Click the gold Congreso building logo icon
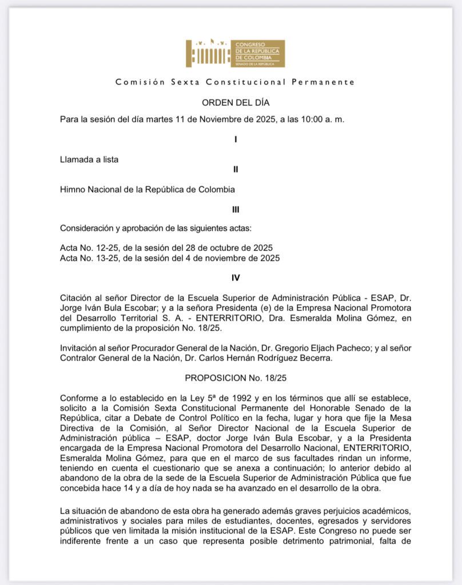(x=207, y=53)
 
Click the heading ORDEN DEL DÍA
(x=236, y=103)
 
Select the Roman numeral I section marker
(x=236, y=139)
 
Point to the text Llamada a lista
(x=89, y=159)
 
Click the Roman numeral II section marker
(x=236, y=169)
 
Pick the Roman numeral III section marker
(x=236, y=209)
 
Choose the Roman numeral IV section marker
(x=236, y=278)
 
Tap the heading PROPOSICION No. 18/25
(x=236, y=378)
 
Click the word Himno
(x=73, y=189)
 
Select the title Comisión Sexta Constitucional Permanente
(x=235, y=82)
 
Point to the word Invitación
(x=79, y=348)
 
